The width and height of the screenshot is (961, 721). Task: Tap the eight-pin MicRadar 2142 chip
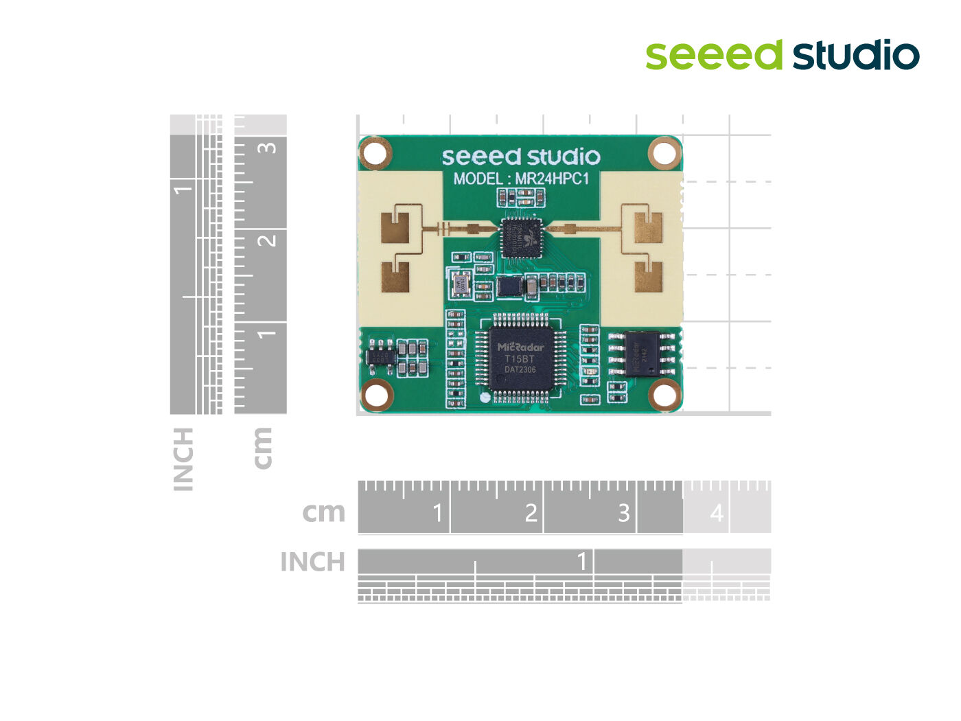[643, 354]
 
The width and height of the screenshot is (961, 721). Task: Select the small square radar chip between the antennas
[521, 238]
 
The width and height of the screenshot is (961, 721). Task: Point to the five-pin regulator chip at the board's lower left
[382, 356]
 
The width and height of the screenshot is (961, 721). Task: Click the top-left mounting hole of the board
[375, 153]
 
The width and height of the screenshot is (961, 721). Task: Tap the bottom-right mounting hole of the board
[664, 394]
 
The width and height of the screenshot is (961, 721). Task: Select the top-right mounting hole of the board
[664, 153]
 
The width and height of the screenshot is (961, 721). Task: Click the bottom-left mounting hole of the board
[375, 394]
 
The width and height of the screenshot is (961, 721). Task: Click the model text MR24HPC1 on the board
[552, 179]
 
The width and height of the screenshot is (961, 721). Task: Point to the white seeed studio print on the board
[520, 157]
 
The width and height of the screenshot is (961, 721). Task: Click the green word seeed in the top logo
[713, 56]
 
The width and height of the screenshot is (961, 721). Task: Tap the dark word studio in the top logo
[856, 56]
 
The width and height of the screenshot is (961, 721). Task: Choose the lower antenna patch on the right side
[648, 277]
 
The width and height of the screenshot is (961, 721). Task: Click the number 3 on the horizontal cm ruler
[623, 513]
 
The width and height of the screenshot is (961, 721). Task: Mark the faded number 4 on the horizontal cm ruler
[717, 513]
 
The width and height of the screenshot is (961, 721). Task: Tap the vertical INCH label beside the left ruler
[183, 459]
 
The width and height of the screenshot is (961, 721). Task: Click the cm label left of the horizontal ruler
[323, 512]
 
